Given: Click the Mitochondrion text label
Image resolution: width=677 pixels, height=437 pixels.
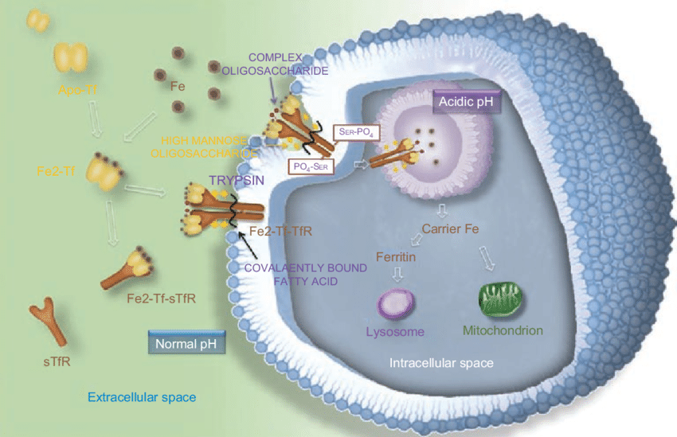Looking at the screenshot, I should point(503,330).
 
